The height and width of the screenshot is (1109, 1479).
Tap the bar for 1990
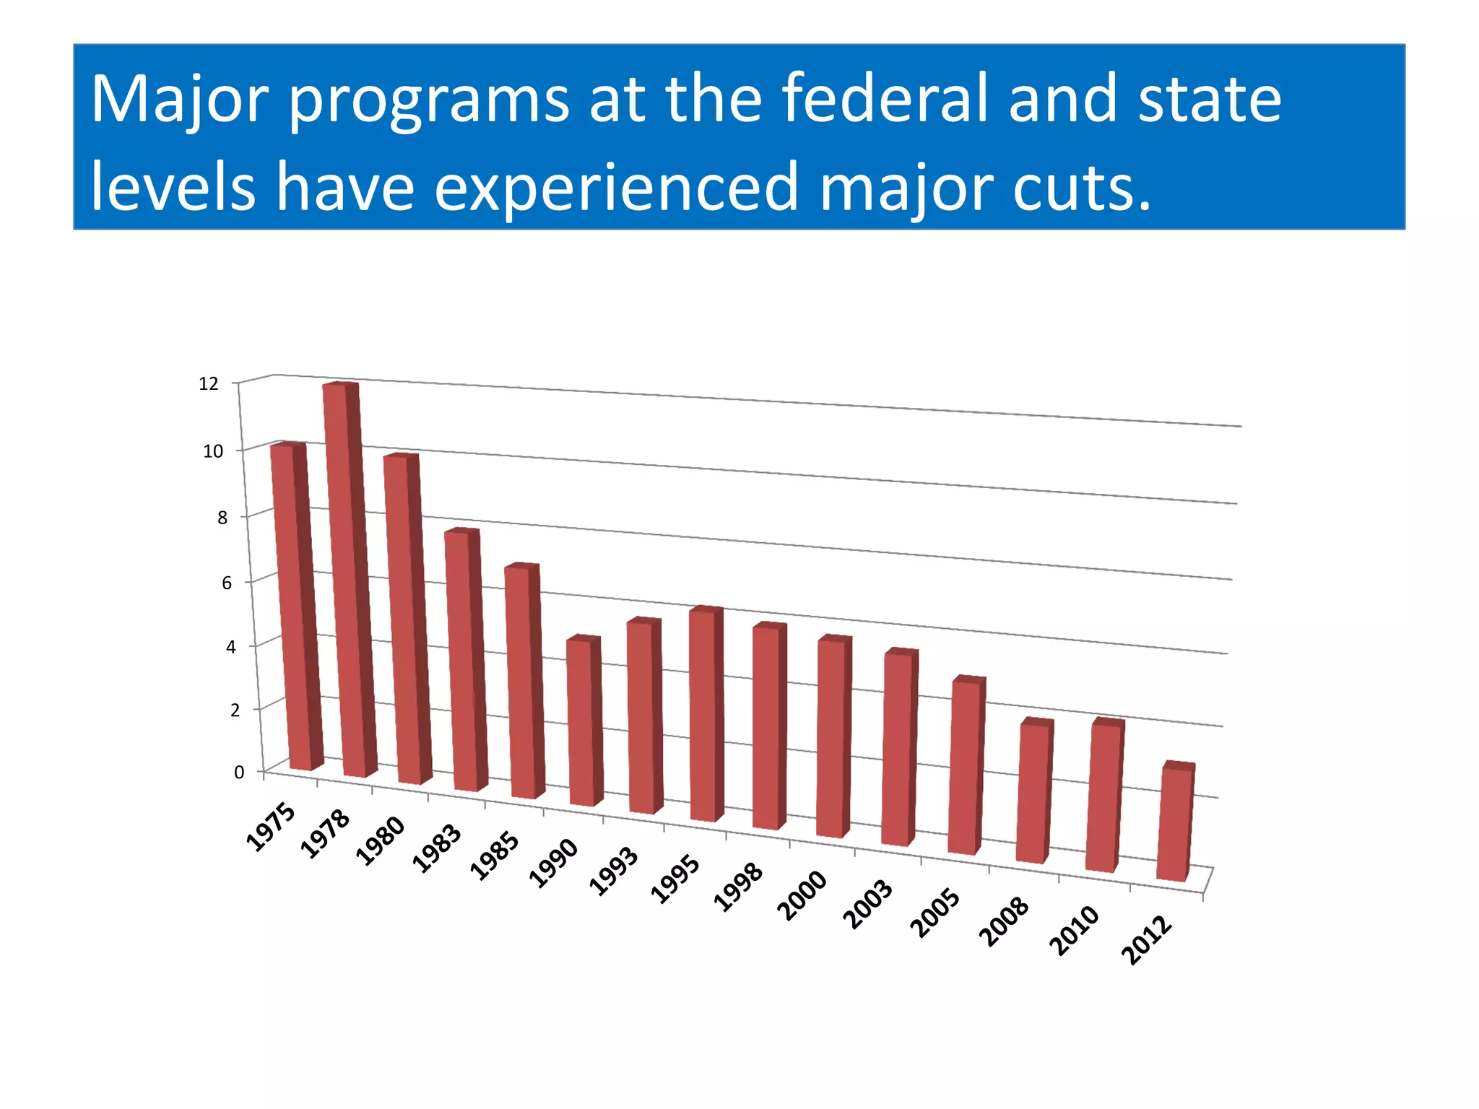(583, 722)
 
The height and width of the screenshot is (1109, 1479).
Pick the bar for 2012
(1174, 823)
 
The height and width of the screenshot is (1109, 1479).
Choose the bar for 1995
(705, 715)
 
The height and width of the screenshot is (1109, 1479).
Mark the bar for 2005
(966, 765)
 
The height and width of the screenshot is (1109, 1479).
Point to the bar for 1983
(464, 661)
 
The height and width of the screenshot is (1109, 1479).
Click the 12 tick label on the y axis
(209, 384)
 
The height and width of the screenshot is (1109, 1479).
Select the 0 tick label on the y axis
(239, 773)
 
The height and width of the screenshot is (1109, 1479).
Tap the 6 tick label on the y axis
(227, 583)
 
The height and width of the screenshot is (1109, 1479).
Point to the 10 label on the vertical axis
(213, 451)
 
